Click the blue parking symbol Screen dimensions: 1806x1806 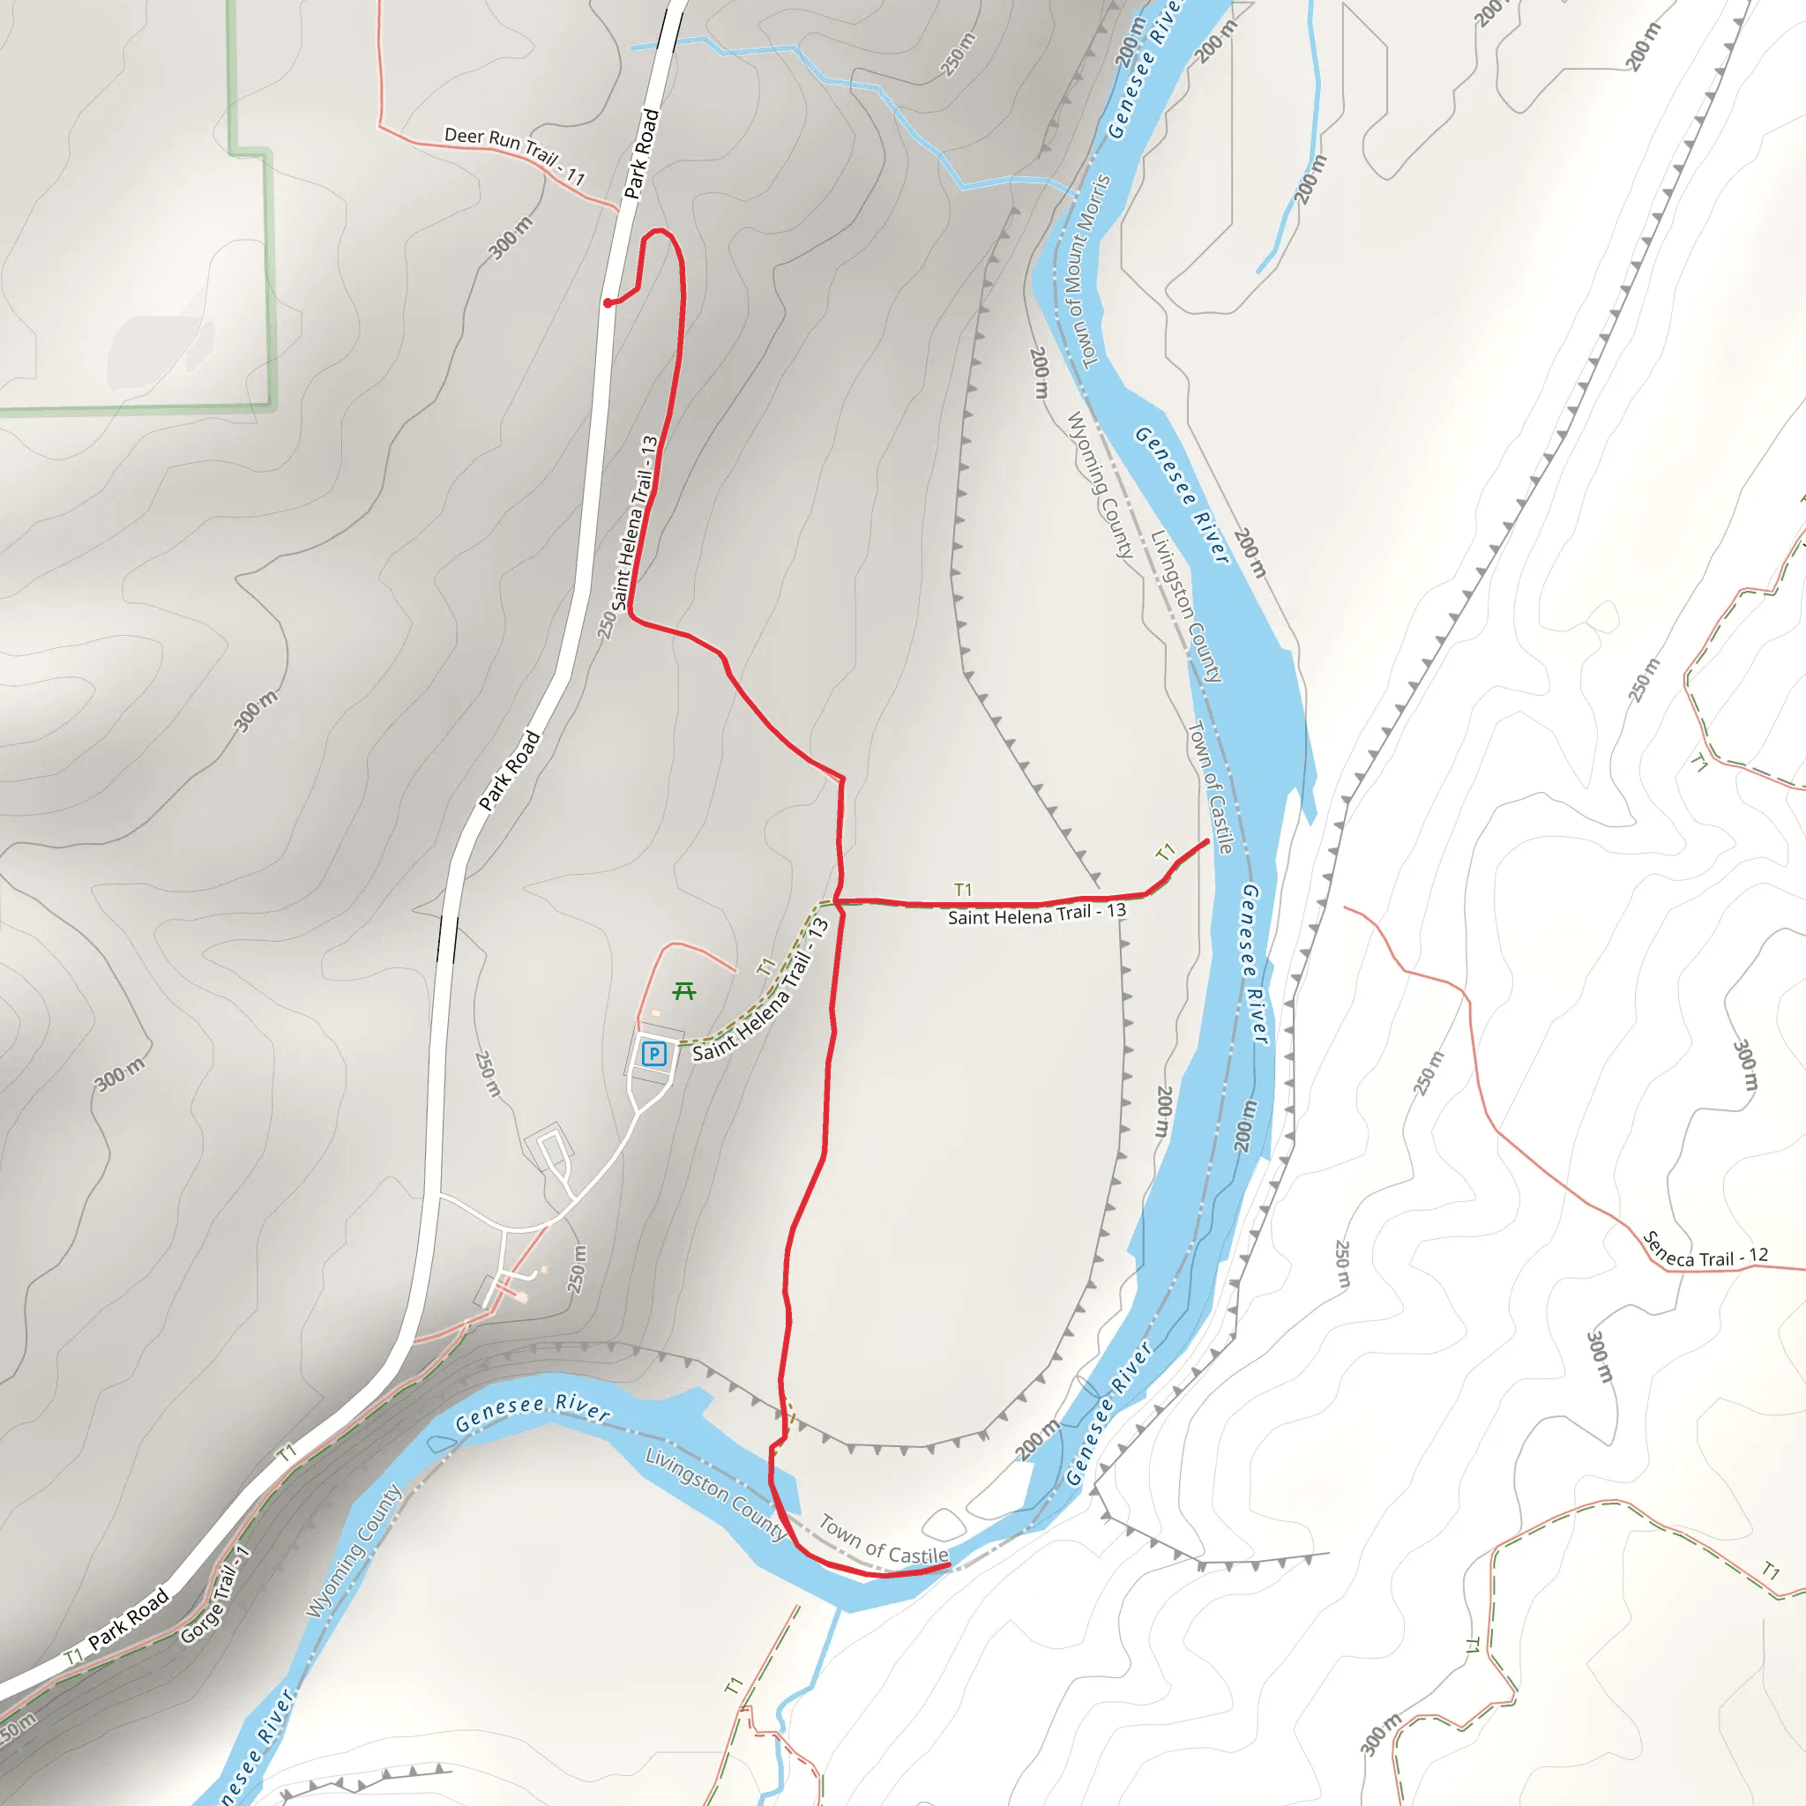pos(653,1055)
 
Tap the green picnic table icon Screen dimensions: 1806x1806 pos(684,991)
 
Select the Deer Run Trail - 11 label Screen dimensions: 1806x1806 pos(514,155)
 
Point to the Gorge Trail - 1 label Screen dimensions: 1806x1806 pos(215,1607)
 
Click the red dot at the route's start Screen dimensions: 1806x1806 pos(608,302)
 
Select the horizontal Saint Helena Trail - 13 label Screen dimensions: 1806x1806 pos(1037,914)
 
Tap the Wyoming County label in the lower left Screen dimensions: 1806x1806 pos(354,1551)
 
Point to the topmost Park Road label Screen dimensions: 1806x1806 pos(641,154)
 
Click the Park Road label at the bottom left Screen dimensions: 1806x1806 pos(129,1618)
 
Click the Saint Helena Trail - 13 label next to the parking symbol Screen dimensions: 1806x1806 pos(761,992)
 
